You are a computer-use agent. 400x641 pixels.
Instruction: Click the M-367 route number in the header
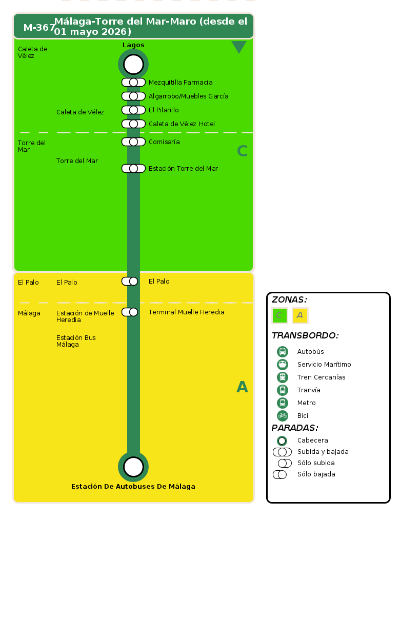(x=39, y=28)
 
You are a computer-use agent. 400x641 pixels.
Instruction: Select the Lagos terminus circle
(x=133, y=64)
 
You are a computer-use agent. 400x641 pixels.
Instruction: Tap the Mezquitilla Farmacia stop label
(x=181, y=83)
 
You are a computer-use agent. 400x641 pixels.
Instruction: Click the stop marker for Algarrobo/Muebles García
(x=133, y=96)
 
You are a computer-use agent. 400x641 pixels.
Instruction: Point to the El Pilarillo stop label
(x=164, y=110)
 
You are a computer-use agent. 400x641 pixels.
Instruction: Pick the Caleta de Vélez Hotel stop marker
(x=133, y=124)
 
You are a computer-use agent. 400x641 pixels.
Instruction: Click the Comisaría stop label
(x=164, y=142)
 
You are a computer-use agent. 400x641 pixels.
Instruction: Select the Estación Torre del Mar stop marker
(x=133, y=169)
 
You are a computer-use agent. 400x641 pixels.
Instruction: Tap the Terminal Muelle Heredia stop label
(x=186, y=312)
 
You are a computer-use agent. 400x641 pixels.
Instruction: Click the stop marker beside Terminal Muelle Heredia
(x=130, y=312)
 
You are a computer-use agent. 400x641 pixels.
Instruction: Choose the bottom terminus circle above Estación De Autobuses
(x=133, y=467)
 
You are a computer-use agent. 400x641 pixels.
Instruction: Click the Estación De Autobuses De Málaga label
(x=133, y=487)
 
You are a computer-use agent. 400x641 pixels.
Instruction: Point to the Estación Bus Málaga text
(x=76, y=341)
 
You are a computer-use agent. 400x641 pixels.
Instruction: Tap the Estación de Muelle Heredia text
(x=85, y=316)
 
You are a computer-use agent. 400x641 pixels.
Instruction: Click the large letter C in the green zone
(x=242, y=151)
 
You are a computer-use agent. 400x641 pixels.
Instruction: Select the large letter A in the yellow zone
(x=242, y=387)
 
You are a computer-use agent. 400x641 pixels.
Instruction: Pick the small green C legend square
(x=279, y=315)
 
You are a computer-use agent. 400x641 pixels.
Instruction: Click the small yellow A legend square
(x=300, y=315)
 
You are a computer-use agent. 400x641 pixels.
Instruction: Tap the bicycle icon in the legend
(x=283, y=416)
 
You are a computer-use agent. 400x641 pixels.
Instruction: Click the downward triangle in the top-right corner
(x=239, y=47)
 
